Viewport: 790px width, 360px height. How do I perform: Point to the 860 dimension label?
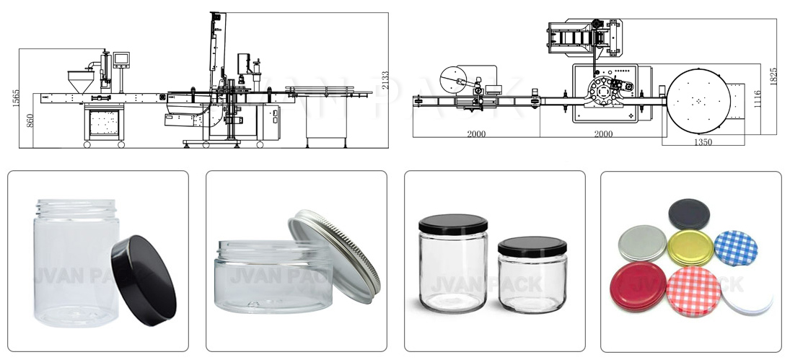(30, 120)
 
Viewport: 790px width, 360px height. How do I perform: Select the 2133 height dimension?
(385, 79)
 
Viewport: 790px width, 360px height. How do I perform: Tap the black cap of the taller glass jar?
(453, 223)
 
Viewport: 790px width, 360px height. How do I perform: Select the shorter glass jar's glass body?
(532, 284)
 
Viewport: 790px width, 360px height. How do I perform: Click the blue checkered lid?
(735, 248)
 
